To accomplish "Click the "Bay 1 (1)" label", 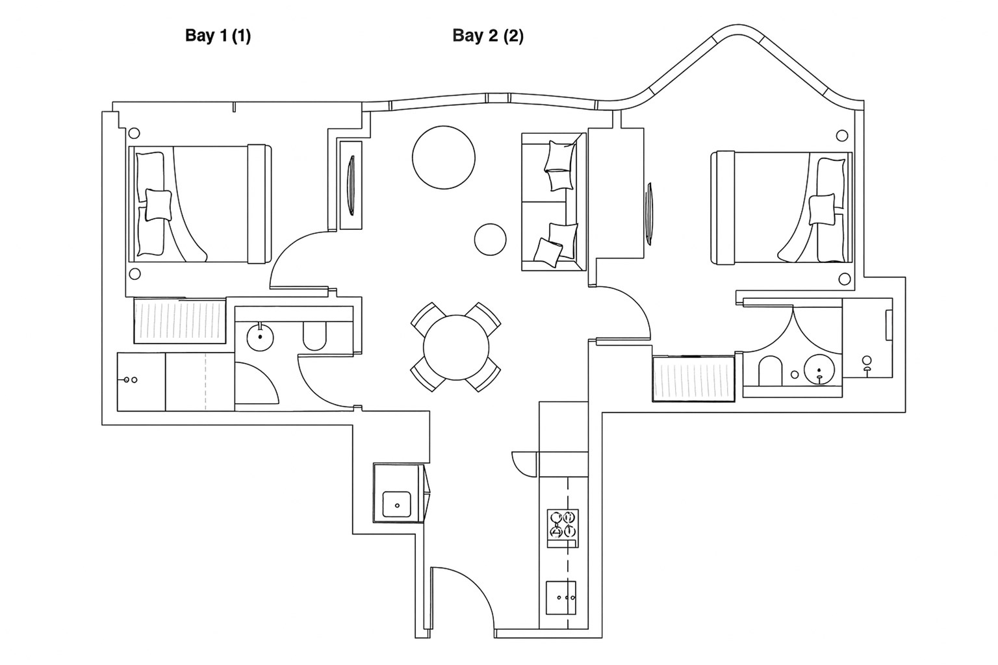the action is [218, 36].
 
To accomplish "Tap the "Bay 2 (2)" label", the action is [488, 36].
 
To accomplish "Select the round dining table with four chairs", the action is [455, 347].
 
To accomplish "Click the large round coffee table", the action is [444, 158].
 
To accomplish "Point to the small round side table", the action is [490, 239].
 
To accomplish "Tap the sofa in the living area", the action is [554, 201].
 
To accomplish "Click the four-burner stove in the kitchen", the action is [563, 528].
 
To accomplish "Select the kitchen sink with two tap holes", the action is [561, 597].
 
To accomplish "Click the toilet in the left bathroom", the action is [314, 336].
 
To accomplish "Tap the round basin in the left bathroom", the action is [260, 337].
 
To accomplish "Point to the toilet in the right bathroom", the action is [771, 371].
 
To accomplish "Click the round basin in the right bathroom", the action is [819, 369].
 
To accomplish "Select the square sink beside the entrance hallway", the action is [397, 504].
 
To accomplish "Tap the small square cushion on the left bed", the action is [159, 205].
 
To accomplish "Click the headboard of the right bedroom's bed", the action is [723, 208].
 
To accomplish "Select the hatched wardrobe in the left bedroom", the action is [179, 321].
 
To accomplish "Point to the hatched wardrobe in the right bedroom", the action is [693, 379].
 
